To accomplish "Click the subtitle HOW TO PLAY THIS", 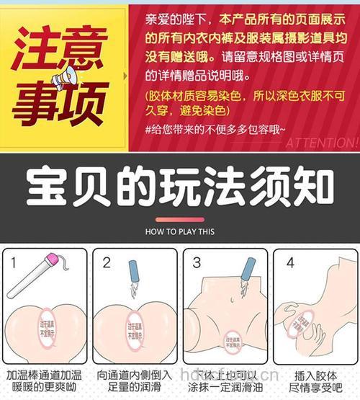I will coord(179,232).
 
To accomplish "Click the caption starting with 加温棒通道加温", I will coord(45,381).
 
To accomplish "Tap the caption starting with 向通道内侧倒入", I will coord(135,381).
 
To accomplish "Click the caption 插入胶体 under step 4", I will coord(315,375).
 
